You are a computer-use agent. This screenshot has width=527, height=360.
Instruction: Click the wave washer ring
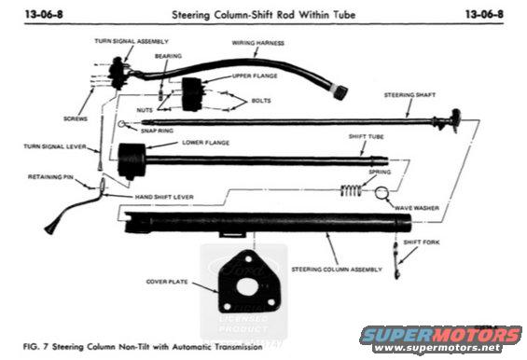382,193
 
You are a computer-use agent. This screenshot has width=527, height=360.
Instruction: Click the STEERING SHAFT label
411,96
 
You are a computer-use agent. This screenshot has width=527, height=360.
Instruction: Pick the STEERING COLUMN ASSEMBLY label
337,269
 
